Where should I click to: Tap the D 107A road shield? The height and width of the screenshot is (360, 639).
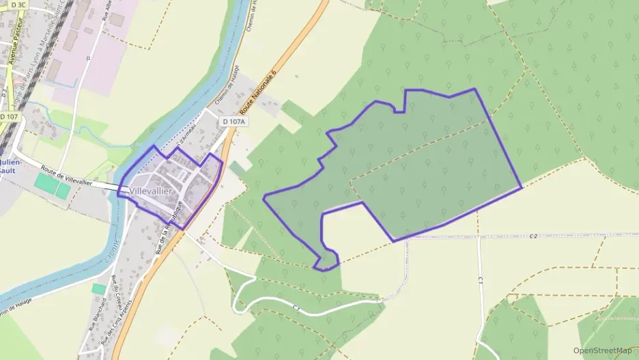point(233,122)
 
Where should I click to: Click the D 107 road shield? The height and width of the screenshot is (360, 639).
point(9,117)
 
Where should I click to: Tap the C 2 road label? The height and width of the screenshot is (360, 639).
point(533,236)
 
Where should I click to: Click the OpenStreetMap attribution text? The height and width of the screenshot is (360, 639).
point(602,350)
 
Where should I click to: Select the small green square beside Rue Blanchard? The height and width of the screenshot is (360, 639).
point(98,289)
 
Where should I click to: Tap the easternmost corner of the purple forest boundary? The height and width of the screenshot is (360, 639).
point(522,187)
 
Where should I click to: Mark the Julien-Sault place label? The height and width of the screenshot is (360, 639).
point(13,167)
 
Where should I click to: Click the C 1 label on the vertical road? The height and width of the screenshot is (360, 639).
point(481,280)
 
